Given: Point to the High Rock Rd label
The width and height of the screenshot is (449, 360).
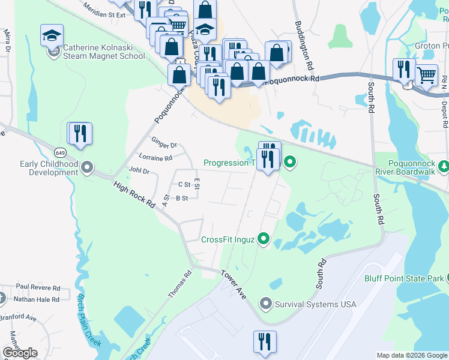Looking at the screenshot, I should click(134, 196).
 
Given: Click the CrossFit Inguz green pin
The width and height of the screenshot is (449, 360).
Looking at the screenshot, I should click(263, 239).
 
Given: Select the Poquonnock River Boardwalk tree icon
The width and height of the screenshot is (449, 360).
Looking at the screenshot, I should click(444, 166).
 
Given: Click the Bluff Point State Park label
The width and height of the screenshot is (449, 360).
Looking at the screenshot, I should click(403, 278).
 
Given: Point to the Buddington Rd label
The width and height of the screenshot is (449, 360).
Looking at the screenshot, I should click(304, 46).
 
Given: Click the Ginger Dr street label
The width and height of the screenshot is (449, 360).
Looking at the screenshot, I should click(164, 145).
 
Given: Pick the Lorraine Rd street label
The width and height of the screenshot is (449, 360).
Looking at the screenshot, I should click(159, 158).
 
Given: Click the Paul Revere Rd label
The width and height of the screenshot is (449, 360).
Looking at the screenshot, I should click(38, 287).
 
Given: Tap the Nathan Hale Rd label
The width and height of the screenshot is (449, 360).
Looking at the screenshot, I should click(37, 299).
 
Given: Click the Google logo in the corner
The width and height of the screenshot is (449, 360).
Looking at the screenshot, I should click(20, 353).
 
